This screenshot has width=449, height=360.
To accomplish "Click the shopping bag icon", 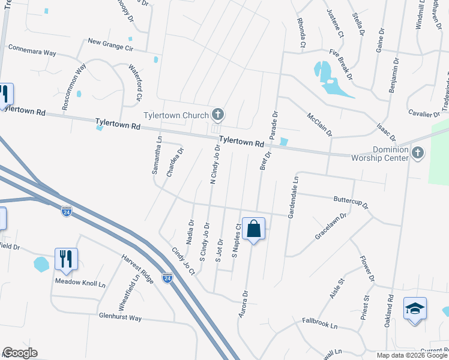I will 253,229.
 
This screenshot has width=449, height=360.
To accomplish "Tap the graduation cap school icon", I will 415,308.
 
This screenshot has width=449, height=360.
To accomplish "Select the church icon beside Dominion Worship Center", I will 418,154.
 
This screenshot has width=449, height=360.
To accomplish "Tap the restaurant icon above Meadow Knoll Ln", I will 66,259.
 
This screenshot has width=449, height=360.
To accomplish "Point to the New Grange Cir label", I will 110,43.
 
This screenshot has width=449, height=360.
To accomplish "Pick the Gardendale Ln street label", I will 294,197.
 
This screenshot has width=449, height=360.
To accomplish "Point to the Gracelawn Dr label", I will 331,227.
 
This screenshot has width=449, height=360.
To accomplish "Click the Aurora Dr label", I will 244,302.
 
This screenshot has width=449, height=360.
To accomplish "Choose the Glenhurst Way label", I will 120,317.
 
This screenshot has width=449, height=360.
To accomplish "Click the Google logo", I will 20,353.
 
